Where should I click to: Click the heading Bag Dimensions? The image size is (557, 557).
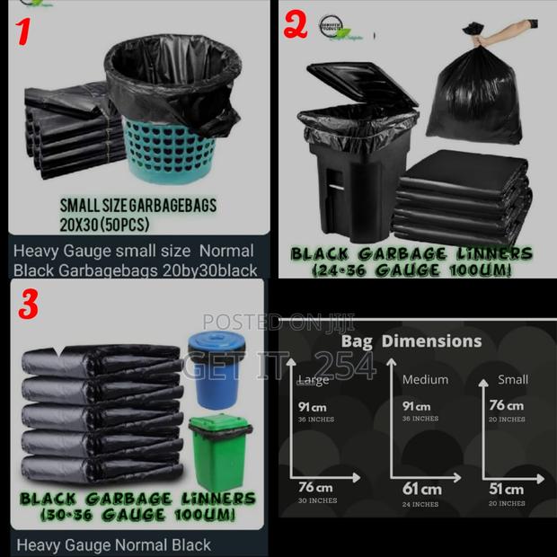click(411, 341)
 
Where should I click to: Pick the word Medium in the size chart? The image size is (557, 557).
click(425, 379)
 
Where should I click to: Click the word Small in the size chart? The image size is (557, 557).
click(512, 379)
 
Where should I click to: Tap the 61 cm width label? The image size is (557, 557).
click(421, 490)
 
